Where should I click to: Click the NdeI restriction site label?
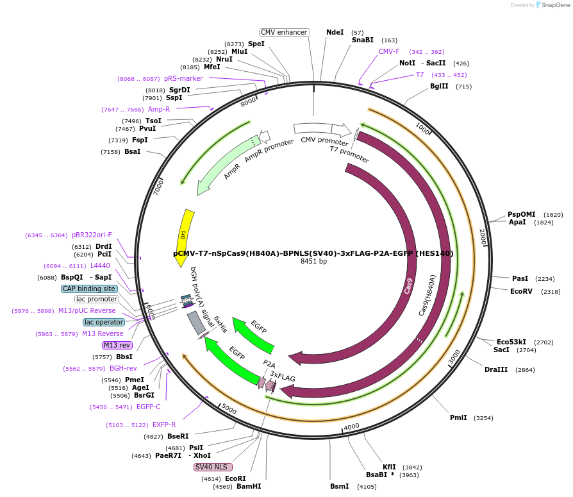point(335,32)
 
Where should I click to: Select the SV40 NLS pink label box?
point(213,467)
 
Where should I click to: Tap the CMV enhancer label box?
point(285,32)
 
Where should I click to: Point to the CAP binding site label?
point(89,289)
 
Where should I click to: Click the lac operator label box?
point(103,322)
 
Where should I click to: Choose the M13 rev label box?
point(117,345)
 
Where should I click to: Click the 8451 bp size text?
point(313,262)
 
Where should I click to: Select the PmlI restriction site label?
point(458,417)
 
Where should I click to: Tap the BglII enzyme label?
point(439,86)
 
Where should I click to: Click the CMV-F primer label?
point(389,51)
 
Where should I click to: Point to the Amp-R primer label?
point(159,109)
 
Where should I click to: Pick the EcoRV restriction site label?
point(521,291)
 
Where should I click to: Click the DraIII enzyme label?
point(496,370)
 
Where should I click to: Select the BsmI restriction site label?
point(339,486)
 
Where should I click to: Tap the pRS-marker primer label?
point(183,78)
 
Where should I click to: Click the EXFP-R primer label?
point(164,425)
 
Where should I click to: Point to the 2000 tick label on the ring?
point(483,237)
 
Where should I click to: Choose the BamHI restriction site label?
point(249,486)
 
